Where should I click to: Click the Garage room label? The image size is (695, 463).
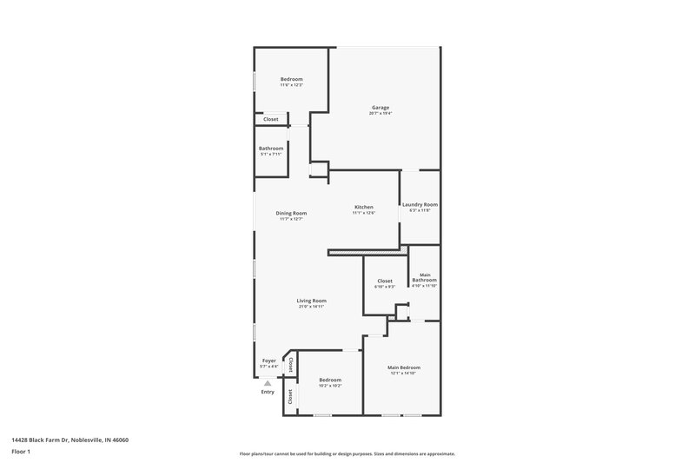381,108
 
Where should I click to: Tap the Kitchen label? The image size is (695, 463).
363,207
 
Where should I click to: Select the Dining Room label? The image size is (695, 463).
291,213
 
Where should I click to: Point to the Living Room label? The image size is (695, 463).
311,301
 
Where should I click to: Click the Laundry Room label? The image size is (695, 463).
420,204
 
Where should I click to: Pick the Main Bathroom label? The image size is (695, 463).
424,278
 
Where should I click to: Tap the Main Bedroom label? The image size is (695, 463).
404,367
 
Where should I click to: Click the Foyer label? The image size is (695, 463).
269,360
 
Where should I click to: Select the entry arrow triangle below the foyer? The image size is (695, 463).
268,382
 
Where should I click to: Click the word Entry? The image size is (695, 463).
268,392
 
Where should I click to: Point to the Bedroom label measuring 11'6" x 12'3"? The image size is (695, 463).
291,79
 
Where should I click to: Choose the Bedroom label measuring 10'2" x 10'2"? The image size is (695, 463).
329,380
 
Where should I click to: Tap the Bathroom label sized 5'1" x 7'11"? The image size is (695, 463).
271,148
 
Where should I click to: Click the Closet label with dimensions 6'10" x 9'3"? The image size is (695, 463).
384,281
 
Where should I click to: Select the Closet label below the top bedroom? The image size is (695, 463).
271,119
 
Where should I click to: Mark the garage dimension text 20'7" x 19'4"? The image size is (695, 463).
381,114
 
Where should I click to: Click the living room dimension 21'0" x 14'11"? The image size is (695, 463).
311,307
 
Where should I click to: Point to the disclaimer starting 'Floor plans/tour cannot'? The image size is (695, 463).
347,453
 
